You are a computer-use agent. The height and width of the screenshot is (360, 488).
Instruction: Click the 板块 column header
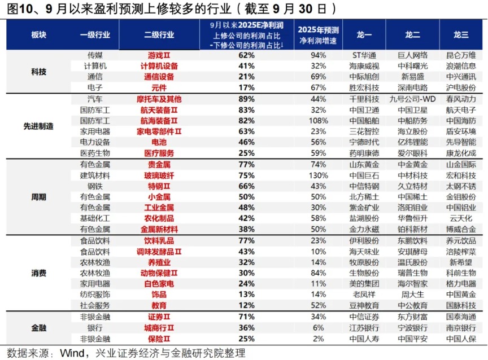tap(39, 34)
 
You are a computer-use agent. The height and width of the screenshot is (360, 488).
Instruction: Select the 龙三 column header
tap(461, 34)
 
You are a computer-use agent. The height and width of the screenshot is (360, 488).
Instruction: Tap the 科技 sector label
tap(39, 72)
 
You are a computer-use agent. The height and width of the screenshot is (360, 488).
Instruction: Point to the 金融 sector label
tap(39, 327)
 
